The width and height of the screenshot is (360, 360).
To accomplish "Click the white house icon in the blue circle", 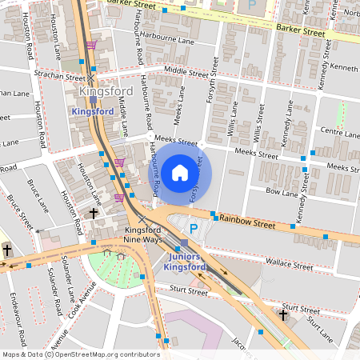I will (x=180, y=172).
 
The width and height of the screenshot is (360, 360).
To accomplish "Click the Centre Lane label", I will (x=338, y=130).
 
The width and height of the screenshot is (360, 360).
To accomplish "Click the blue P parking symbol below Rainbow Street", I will (x=193, y=228).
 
